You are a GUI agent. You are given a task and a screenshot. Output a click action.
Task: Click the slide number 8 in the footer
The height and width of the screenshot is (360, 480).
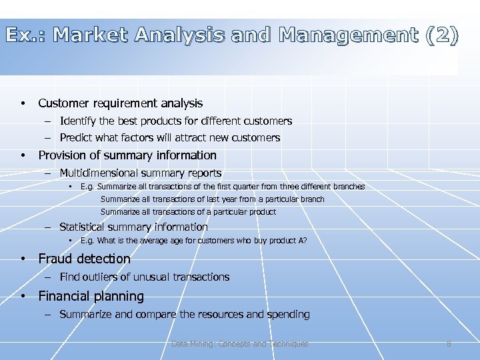click(449, 344)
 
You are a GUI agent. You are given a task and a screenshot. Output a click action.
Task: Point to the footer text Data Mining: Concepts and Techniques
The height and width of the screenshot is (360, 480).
click(240, 344)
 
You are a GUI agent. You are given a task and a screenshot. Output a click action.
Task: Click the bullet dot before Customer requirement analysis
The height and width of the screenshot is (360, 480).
click(23, 103)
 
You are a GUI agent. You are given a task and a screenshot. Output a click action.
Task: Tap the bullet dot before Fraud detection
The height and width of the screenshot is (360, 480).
click(23, 259)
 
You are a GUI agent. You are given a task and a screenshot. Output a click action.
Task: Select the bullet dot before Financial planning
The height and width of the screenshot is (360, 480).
click(23, 296)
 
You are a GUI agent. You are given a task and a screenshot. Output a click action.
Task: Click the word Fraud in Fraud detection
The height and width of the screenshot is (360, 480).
click(55, 259)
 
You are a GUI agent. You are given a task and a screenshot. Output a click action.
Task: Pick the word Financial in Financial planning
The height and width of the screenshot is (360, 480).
click(65, 296)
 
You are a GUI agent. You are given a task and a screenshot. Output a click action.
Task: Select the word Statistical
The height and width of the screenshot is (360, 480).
click(83, 227)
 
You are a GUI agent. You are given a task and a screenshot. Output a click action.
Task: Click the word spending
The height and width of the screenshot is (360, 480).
click(289, 314)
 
